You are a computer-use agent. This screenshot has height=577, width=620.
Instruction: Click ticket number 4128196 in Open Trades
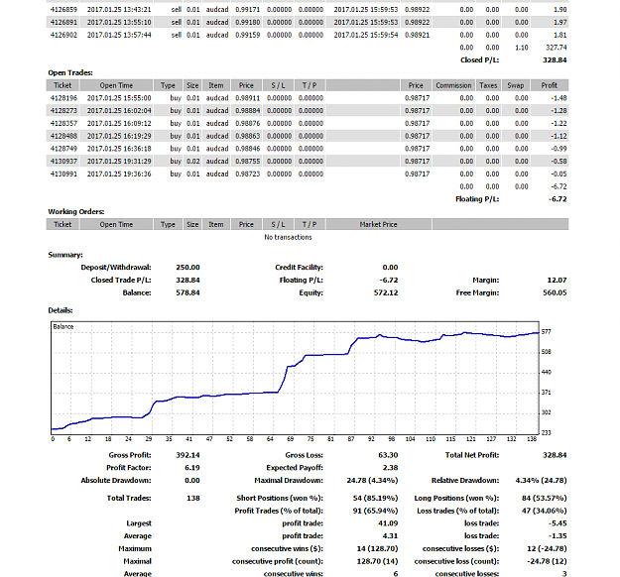pos(63,98)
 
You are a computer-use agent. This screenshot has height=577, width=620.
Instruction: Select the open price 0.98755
pos(248,162)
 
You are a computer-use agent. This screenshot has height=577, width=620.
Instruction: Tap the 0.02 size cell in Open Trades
pos(193,162)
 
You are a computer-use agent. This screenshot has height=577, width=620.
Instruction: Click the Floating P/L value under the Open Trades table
pos(558,199)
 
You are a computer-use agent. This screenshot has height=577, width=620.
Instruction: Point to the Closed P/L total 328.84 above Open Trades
pos(555,60)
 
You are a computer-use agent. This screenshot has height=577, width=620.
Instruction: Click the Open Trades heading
pos(70,72)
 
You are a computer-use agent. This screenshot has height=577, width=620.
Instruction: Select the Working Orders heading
pos(76,212)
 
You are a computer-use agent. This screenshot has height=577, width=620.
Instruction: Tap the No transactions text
pos(288,237)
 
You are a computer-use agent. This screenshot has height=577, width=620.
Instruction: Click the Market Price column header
pos(378,224)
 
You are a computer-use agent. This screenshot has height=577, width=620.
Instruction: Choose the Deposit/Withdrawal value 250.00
pos(187,268)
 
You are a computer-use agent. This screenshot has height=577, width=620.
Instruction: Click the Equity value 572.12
pos(386,292)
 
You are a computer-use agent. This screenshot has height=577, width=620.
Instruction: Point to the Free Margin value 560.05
pos(555,292)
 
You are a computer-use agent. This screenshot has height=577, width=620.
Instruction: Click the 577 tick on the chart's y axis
pos(546,331)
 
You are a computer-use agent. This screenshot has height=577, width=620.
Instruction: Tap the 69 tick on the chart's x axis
pos(291,438)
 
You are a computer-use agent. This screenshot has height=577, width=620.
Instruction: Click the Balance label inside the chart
pos(63,326)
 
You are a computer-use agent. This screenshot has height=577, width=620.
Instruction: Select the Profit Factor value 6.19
pos(192,468)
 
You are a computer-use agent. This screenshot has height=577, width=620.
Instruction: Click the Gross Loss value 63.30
pos(388,455)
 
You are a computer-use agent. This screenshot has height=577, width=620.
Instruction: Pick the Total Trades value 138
pos(193,498)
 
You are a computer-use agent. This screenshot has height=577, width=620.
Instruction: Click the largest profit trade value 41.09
pos(388,523)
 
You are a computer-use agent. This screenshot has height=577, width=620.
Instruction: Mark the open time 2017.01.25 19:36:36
pos(119,173)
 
